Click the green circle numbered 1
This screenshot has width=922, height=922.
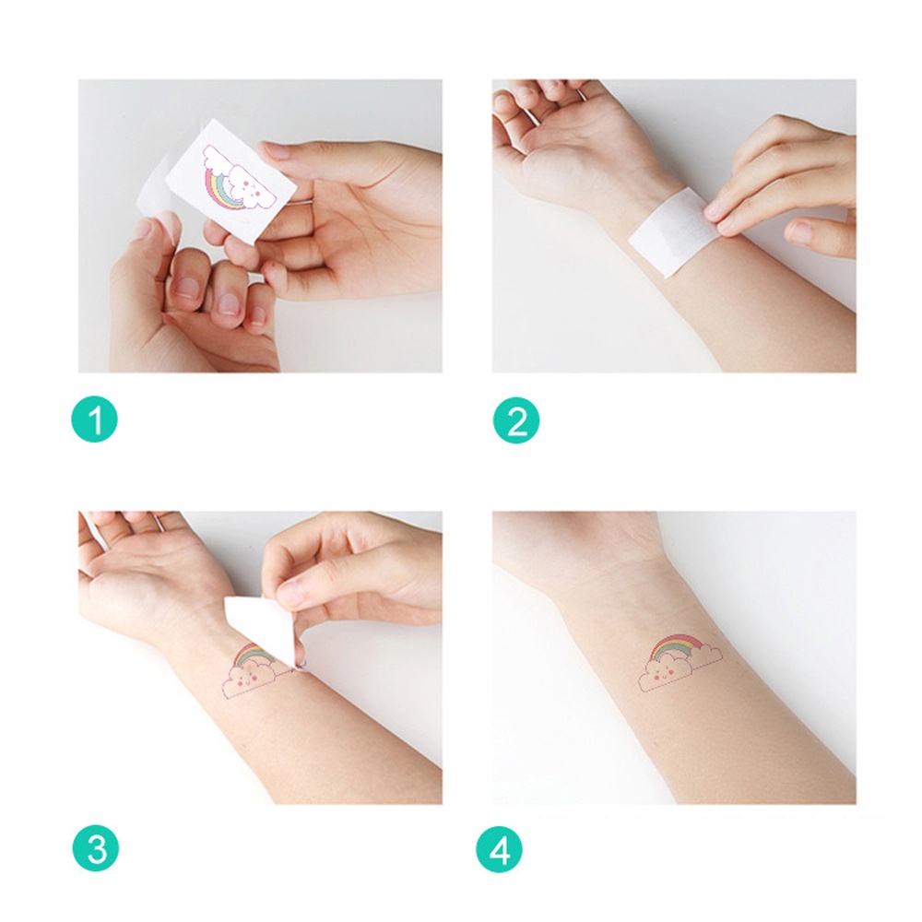95,422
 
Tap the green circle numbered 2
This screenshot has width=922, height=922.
516,422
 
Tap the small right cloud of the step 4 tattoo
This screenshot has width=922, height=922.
705,655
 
